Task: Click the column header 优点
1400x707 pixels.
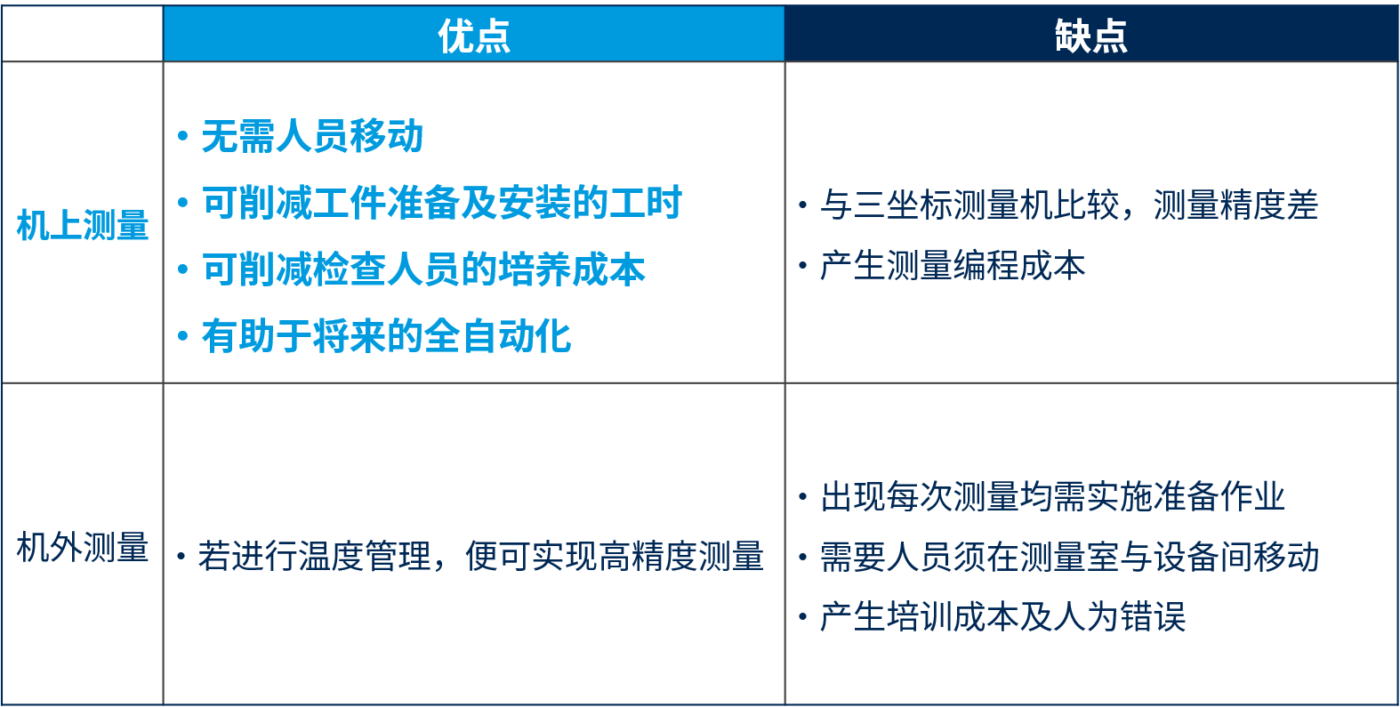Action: coord(474,36)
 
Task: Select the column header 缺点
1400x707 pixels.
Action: coord(1091,36)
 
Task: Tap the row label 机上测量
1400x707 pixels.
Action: coord(83,225)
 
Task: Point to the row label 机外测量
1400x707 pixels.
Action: coord(83,548)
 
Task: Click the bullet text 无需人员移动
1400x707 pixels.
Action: coord(312,136)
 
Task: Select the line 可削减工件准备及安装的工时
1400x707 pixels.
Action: coord(442,203)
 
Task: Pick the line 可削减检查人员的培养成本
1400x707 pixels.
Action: coord(423,269)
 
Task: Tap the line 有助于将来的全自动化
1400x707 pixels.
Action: coord(386,336)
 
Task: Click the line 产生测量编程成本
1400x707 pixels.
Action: coord(953,265)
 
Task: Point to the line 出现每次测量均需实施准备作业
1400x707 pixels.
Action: coord(1052,497)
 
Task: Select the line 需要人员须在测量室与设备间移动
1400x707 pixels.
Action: coord(1069,557)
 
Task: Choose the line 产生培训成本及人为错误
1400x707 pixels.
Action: coord(1002,616)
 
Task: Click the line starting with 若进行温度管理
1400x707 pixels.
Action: coord(480,556)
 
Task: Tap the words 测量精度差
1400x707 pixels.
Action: coord(1235,205)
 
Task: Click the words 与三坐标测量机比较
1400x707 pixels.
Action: coord(970,205)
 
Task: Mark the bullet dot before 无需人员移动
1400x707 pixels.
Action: coord(182,136)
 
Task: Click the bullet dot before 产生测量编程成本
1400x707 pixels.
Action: coord(803,266)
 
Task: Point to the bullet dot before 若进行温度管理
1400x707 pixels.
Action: coord(181,556)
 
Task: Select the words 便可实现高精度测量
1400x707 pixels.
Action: coord(615,556)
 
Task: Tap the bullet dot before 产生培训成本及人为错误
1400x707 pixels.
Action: coord(803,617)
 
